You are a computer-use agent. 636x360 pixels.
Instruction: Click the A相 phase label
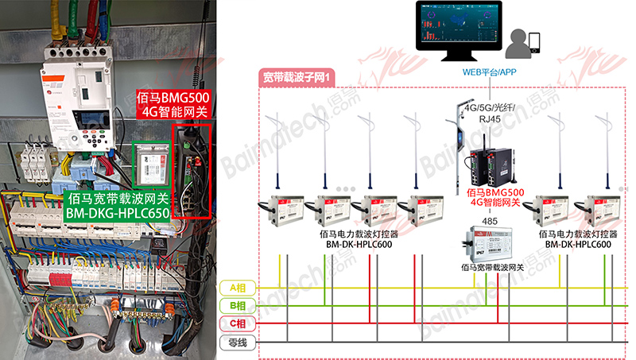[x=237, y=287]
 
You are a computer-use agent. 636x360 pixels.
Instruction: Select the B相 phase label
[x=237, y=306]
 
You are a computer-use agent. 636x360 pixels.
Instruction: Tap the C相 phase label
[x=237, y=324]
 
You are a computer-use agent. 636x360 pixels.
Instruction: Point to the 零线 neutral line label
[x=237, y=343]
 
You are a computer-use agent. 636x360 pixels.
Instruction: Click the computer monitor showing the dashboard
[x=457, y=29]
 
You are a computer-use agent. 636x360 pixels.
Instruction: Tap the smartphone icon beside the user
[x=534, y=41]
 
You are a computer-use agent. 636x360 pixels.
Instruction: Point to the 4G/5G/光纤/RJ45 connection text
[x=490, y=113]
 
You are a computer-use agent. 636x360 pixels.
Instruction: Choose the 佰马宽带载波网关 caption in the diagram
[x=486, y=267]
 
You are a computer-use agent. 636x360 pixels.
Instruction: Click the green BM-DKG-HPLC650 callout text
[x=117, y=207]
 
